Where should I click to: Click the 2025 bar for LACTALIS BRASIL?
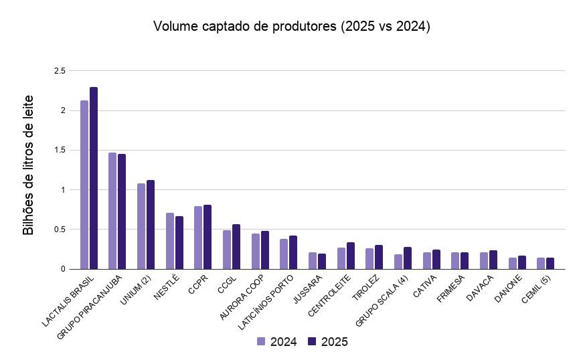click(94, 178)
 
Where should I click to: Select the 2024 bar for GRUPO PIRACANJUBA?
click(112, 211)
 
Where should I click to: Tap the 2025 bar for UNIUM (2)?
click(151, 224)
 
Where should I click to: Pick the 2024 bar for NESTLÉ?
click(169, 241)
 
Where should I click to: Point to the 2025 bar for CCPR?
click(207, 237)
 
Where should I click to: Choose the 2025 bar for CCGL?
click(236, 247)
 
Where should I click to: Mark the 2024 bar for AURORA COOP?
click(255, 251)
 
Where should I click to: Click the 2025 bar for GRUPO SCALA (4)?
click(408, 258)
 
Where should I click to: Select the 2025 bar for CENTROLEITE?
click(351, 256)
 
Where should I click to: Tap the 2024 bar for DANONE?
click(512, 264)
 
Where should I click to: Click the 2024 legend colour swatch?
click(261, 341)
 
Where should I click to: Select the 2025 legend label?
click(334, 342)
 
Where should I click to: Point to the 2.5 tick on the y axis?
click(60, 70)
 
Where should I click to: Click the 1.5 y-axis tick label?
click(60, 150)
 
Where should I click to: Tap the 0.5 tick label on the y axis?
click(60, 230)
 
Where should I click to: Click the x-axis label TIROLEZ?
click(365, 288)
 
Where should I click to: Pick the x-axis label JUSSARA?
click(308, 290)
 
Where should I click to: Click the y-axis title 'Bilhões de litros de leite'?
click(28, 165)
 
